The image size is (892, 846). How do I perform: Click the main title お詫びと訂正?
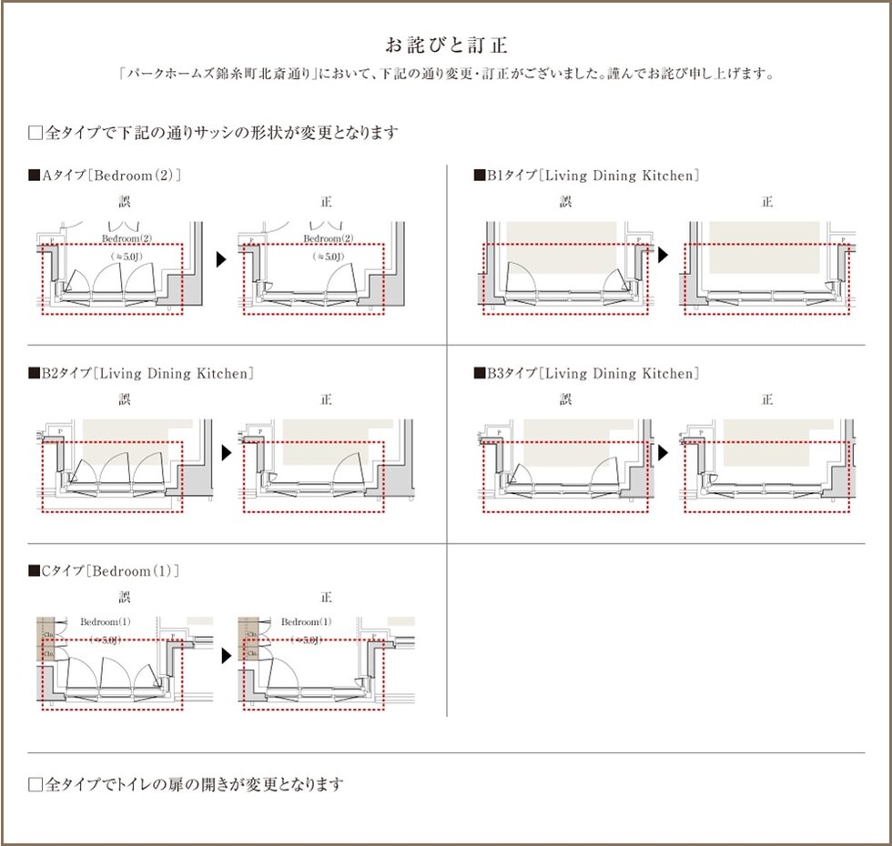click(446, 45)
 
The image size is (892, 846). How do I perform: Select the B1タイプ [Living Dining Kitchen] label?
click(586, 175)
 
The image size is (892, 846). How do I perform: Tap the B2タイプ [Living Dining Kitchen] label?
click(141, 373)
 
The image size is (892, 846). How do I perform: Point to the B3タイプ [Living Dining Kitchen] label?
click(586, 373)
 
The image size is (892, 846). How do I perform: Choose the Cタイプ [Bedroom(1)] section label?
click(105, 570)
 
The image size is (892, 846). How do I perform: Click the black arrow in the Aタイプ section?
click(220, 259)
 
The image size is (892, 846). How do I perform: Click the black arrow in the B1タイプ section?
click(664, 255)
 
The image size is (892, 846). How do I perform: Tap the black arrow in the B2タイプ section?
click(220, 453)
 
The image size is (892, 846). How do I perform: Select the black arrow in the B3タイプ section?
click(664, 452)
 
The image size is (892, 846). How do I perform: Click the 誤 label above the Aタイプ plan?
click(125, 201)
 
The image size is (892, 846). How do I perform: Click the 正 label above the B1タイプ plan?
click(767, 201)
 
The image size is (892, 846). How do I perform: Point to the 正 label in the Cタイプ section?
click(326, 598)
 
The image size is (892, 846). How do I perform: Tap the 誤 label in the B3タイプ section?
click(565, 399)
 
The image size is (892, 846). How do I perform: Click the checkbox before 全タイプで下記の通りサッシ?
click(35, 133)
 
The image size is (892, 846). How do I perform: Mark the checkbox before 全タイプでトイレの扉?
click(35, 784)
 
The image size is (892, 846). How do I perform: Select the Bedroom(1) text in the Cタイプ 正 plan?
click(306, 621)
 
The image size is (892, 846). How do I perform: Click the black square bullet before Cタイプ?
click(35, 571)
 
